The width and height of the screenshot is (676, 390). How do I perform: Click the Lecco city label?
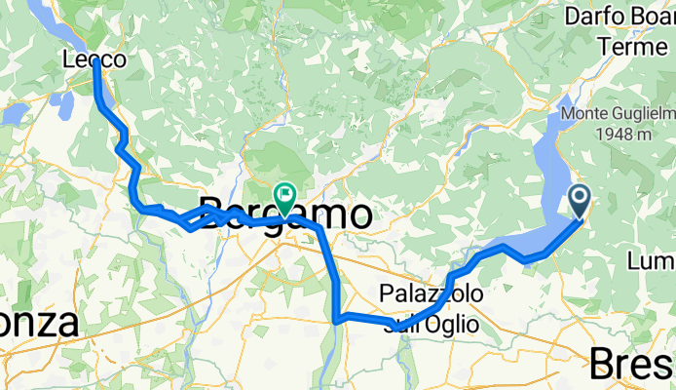tap(94, 59)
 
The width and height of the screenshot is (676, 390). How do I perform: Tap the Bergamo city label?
tap(284, 214)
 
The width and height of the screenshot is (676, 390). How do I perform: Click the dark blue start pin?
tap(580, 201)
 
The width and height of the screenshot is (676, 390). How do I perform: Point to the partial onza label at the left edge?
tap(39, 323)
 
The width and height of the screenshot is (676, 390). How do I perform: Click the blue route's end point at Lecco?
tap(96, 62)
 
